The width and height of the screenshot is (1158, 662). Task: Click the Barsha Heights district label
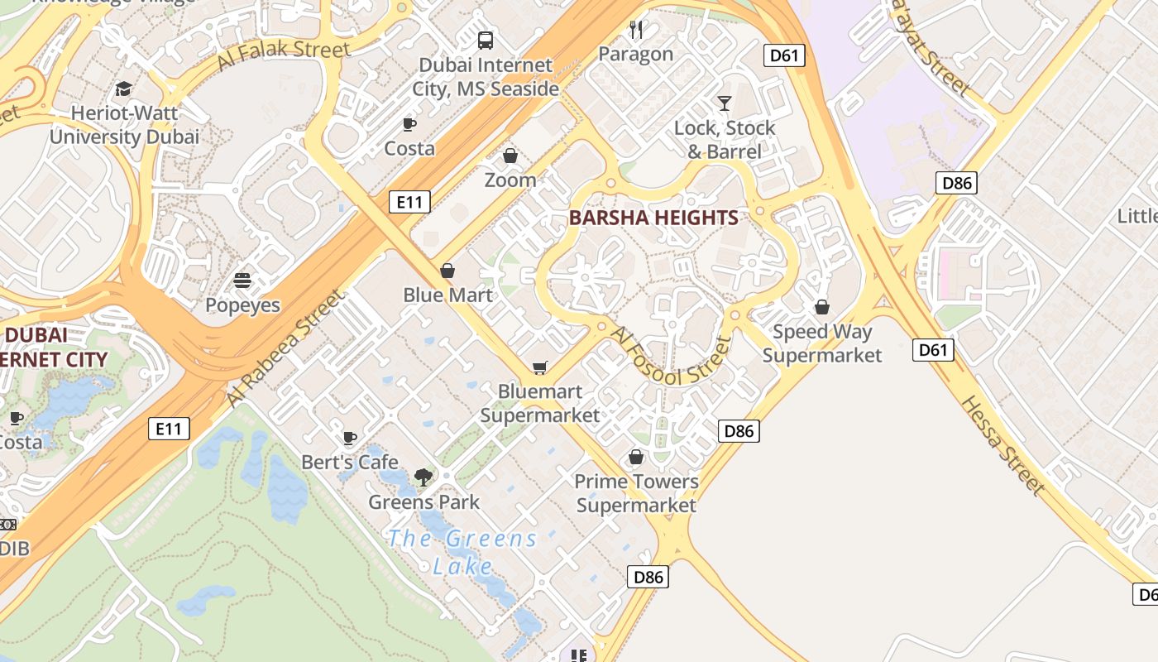tap(653, 218)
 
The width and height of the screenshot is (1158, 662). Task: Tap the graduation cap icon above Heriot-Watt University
tap(123, 89)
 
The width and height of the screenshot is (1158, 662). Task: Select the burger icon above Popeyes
tap(242, 281)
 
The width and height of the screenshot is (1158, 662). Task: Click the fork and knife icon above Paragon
tap(636, 30)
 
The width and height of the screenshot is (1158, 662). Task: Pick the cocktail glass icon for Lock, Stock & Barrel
tap(725, 103)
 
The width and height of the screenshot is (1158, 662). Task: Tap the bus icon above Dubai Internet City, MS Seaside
tap(486, 40)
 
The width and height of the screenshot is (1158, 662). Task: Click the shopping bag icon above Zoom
tap(510, 156)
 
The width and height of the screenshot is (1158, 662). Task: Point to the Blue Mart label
tap(447, 295)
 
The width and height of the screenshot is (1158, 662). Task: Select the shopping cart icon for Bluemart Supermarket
tap(540, 367)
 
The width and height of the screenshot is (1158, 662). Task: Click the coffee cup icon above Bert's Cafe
tap(350, 438)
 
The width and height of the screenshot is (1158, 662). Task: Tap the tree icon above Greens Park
tap(423, 477)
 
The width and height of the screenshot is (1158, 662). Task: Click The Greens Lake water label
tap(462, 552)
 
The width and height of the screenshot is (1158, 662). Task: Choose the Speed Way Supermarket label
tap(822, 343)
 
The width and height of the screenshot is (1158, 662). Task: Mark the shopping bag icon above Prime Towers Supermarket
tap(636, 457)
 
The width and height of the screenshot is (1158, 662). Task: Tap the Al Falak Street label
tap(284, 55)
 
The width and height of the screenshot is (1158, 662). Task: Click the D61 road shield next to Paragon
tap(783, 55)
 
